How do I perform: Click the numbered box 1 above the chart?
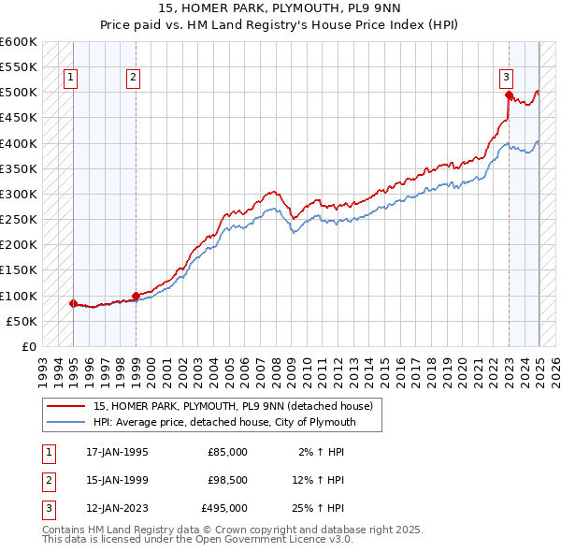pyautogui.click(x=72, y=78)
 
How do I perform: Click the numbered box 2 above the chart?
pyautogui.click(x=134, y=78)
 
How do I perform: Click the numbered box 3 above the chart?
pyautogui.click(x=506, y=78)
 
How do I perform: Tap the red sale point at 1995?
pyautogui.click(x=73, y=303)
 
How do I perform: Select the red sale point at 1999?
pyautogui.click(x=136, y=296)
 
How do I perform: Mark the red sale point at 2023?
pyautogui.click(x=508, y=94)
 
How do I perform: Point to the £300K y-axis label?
pyautogui.click(x=18, y=194)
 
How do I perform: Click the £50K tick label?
pyautogui.click(x=22, y=321)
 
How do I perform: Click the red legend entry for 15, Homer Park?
pyautogui.click(x=233, y=405)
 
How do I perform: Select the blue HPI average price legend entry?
pyautogui.click(x=237, y=422)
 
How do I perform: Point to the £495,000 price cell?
pyautogui.click(x=224, y=509)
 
